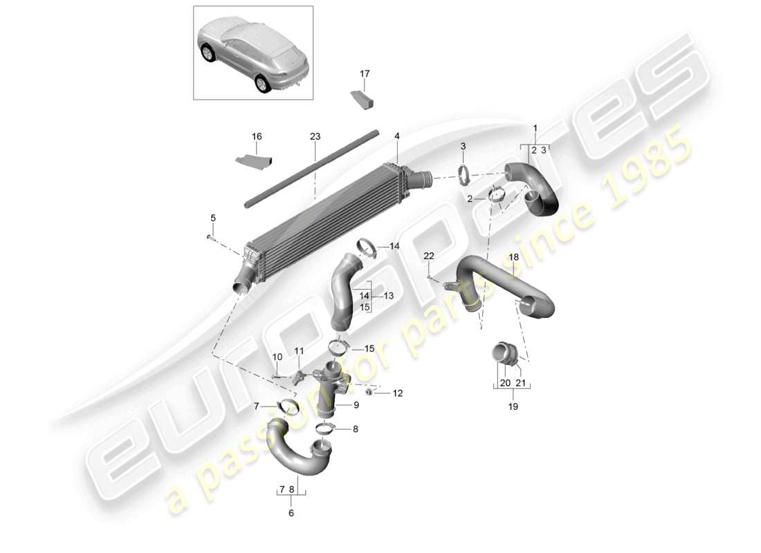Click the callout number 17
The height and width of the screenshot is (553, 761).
coord(365,73)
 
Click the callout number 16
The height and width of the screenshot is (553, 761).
coord(257,137)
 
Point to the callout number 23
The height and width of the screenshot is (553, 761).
coord(315,137)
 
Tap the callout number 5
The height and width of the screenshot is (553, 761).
coord(212,218)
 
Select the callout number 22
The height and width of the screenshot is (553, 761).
coord(429,256)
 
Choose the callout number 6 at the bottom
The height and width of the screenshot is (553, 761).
coord(291,513)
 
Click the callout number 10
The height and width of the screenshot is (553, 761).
coord(277,357)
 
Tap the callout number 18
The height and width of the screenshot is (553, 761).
coord(513,257)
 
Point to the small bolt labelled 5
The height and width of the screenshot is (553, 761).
coord(208,237)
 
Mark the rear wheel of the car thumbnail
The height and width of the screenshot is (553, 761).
coord(263,83)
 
